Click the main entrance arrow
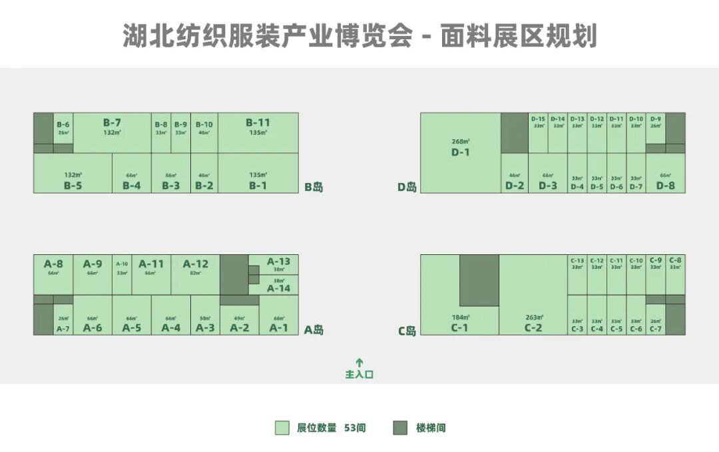[x=359, y=363]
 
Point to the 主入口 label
[x=359, y=375]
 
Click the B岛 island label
[x=314, y=187]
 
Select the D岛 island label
[x=407, y=187]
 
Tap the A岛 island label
[x=314, y=330]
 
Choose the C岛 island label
[x=407, y=330]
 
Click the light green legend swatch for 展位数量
[x=282, y=427]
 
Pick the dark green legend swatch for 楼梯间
[x=400, y=427]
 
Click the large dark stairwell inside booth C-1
[x=479, y=280]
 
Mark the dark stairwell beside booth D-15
[x=515, y=132]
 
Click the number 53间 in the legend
[x=355, y=428]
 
